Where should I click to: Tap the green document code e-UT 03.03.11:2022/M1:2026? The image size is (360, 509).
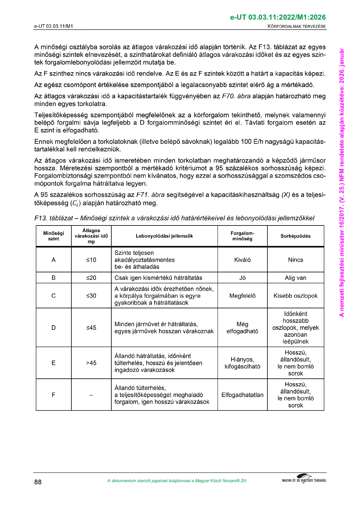(x=278, y=18)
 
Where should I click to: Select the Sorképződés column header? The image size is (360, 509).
(x=295, y=236)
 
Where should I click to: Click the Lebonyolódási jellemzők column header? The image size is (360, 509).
(x=164, y=236)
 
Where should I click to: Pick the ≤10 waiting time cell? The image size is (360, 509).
(x=91, y=260)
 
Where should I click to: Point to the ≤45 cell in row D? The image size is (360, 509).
(x=91, y=328)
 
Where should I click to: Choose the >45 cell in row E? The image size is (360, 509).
(x=91, y=363)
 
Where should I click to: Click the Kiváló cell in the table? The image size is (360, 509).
(x=242, y=260)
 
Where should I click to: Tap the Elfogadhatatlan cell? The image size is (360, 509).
(x=242, y=395)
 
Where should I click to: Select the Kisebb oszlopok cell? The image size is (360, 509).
(x=295, y=296)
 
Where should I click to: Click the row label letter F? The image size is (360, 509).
(x=54, y=395)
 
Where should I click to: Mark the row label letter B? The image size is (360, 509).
(x=54, y=278)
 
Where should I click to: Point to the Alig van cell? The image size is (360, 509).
(x=295, y=278)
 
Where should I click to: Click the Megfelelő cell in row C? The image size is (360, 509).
(x=242, y=296)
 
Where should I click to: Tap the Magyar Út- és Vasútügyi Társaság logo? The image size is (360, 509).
(x=304, y=480)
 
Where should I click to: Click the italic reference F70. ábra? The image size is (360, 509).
(x=236, y=96)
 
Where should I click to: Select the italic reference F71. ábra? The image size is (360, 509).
(x=150, y=195)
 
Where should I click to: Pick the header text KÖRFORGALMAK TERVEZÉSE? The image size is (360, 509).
(x=296, y=26)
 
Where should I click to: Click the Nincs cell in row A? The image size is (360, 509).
(x=295, y=260)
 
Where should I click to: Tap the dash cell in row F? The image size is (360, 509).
(x=91, y=395)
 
